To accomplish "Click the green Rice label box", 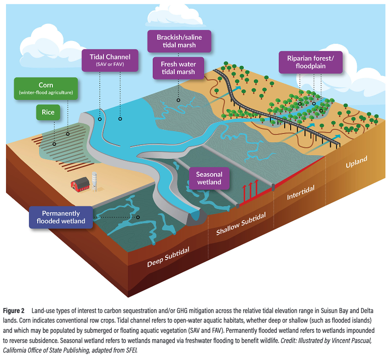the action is (48, 112).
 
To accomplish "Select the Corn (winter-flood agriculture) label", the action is (46, 89).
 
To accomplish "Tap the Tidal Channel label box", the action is (110, 60).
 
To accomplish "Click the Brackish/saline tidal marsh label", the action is (179, 41).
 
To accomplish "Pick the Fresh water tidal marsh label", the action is (178, 68).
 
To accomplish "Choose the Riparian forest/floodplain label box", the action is (310, 62).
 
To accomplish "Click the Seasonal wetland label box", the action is (209, 178).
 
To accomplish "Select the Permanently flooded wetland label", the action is (61, 217).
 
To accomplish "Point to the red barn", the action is (80, 184).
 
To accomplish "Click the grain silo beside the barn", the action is (94, 181).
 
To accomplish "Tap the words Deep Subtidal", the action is (168, 257).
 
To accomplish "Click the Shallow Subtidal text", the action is (241, 224).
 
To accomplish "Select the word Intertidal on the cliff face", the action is (301, 192).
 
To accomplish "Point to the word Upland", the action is (356, 162).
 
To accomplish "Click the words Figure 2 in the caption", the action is (14, 311).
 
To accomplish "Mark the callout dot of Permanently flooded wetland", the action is (138, 217).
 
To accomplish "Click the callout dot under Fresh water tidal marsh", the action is (178, 100).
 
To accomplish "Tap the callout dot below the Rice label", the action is (54, 144).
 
